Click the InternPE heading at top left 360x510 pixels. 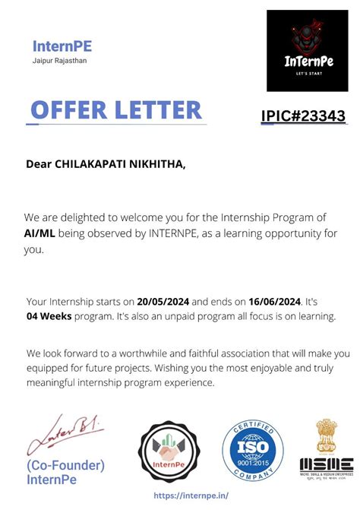(62, 46)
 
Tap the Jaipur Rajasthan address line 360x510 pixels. (59, 60)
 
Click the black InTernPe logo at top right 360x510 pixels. (306, 51)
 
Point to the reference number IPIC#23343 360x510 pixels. (303, 116)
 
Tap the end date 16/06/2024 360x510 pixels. (272, 302)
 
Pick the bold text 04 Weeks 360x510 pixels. (49, 315)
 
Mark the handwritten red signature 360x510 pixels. (64, 434)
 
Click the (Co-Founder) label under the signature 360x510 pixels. (65, 464)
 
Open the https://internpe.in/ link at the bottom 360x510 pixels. (191, 495)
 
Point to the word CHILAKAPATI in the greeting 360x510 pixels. (90, 163)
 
